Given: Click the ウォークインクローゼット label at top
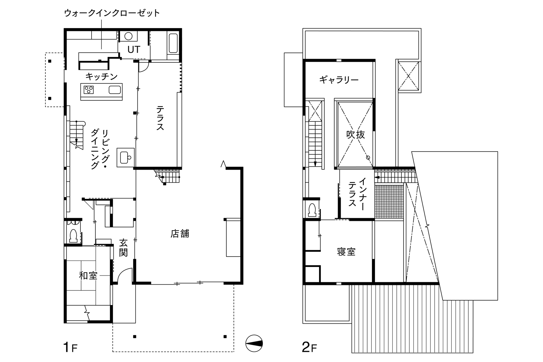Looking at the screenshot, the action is coord(112,13).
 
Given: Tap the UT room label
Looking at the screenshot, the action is coord(134,50).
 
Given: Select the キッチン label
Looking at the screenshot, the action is coord(101,77).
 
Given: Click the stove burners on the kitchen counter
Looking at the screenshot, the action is coord(89,90).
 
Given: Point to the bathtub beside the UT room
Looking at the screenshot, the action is coord(173,43).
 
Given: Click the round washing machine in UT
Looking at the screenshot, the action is coord(129,36).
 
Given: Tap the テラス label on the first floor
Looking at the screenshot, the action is coord(160,118).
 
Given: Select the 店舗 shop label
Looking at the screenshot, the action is coord(180,234).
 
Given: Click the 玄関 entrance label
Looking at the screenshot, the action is coord(124,248).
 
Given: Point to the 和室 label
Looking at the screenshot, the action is coord(88,275).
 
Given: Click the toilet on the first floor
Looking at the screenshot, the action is coord(73,236).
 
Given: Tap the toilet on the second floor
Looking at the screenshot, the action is coord(312,210).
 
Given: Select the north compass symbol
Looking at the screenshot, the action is coord(254,343).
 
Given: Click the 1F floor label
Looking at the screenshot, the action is coord(70,347).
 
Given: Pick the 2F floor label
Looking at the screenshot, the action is coord(309,347).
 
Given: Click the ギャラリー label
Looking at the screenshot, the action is coord(339,80).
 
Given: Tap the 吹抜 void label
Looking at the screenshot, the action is coord(355,134).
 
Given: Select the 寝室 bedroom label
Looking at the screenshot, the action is coord(346,252).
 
